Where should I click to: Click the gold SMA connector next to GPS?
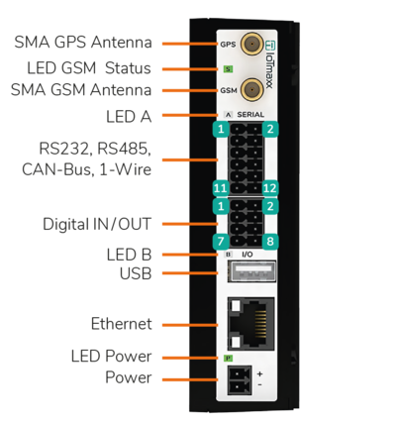[x=251, y=44]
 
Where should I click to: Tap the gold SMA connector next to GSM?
[x=251, y=90]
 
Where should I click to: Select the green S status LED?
[x=228, y=69]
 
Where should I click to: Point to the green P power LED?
[x=228, y=358]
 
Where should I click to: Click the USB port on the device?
[x=251, y=271]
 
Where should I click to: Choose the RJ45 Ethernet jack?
[x=251, y=324]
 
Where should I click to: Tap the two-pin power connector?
[x=240, y=380]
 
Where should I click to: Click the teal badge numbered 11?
[x=221, y=188]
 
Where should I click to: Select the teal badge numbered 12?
[x=270, y=188]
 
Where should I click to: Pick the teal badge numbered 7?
[x=221, y=242]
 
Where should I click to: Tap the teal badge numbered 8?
[x=270, y=242]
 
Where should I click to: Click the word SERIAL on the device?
[x=250, y=115]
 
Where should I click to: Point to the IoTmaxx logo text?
[x=270, y=64]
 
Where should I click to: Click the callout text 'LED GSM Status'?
[x=89, y=68]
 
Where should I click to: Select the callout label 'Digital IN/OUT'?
[x=97, y=224]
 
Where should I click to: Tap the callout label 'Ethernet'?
[x=122, y=324]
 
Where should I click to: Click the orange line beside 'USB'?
[x=190, y=273]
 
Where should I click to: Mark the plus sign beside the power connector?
[x=260, y=374]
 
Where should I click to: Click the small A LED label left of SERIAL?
[x=228, y=115]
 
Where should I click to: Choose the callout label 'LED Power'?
[x=112, y=357]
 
